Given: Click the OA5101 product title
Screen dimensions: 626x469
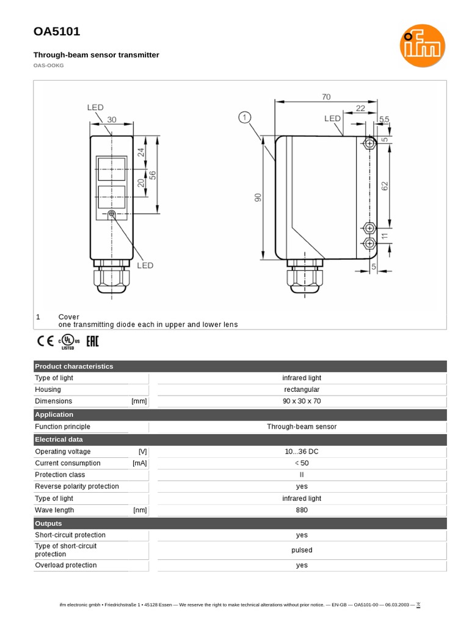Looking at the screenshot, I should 56,32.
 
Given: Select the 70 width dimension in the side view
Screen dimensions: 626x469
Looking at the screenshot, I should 325,97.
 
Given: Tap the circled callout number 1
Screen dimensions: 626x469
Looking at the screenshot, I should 245,117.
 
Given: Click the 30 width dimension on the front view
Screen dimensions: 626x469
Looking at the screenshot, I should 112,120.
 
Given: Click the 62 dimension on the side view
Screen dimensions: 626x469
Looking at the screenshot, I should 385,185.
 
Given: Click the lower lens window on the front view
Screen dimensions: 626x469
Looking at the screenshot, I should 112,197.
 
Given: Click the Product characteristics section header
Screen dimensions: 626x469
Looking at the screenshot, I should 74,366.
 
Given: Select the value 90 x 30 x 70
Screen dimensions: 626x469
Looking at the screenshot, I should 302,401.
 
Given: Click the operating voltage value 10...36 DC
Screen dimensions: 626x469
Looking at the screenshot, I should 302,451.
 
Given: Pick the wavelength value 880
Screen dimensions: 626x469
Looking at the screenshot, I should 302,510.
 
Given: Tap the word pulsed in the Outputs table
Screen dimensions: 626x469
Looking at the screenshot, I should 302,550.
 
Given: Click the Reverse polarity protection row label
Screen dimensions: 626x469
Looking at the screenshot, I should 77,487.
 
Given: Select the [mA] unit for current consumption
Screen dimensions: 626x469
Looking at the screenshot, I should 139,463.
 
